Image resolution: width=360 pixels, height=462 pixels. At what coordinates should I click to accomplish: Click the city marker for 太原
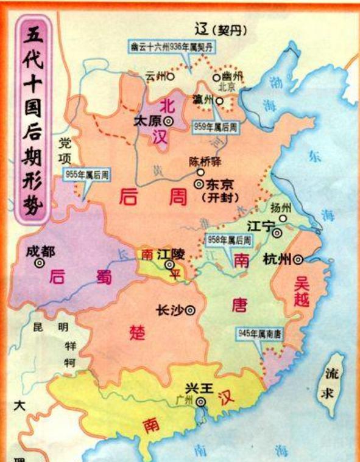[167, 122]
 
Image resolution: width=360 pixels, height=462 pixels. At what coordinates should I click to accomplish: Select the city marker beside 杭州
[298, 259]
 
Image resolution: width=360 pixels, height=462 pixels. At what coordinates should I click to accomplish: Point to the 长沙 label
[170, 309]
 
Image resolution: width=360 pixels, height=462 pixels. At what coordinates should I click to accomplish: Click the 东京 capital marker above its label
[199, 183]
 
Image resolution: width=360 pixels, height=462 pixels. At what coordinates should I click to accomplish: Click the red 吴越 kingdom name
[302, 292]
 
